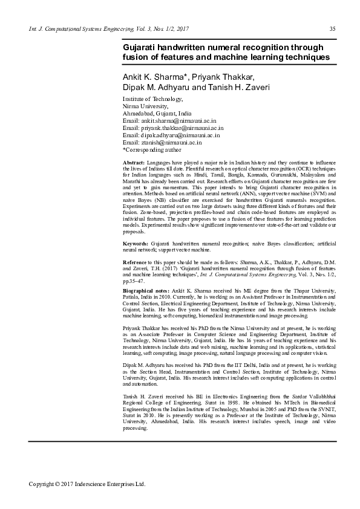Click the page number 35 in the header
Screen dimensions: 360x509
pyautogui.click(x=332, y=29)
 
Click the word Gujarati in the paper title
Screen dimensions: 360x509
pyautogui.click(x=143, y=47)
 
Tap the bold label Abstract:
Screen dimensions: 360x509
pyautogui.click(x=133, y=164)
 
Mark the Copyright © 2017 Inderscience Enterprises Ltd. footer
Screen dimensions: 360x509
pyautogui.click(x=88, y=484)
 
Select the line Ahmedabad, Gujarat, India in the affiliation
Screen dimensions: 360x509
pyautogui.click(x=157, y=114)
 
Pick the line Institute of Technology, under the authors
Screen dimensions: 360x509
pyautogui.click(x=152, y=99)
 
